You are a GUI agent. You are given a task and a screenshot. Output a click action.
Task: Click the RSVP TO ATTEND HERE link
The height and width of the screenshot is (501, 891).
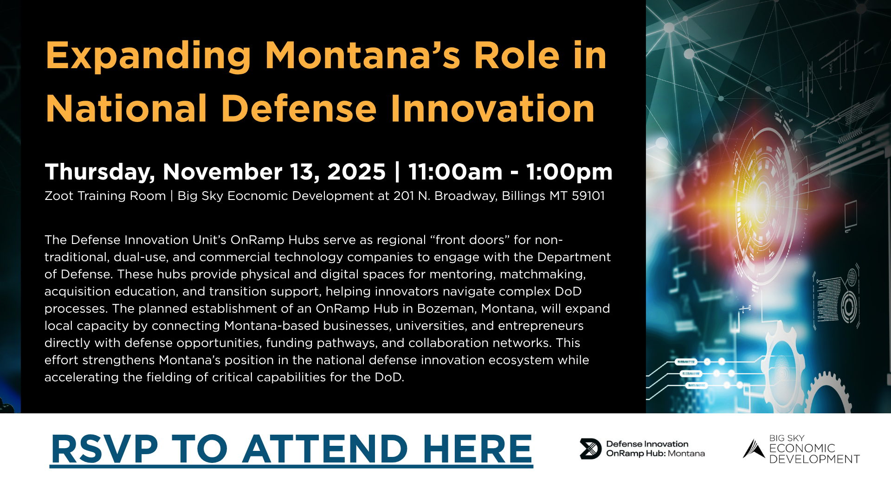pos(291,449)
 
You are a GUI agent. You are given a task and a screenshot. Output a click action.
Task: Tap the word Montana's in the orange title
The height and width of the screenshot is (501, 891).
pos(362,56)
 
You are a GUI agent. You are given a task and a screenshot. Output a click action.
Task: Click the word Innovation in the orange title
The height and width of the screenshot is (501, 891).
pos(492,109)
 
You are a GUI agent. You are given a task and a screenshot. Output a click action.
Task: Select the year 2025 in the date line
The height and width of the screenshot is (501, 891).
pos(356,172)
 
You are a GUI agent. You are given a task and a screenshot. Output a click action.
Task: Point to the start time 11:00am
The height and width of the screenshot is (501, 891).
pos(455,172)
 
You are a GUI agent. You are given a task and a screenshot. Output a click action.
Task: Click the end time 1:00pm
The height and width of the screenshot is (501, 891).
pos(569,173)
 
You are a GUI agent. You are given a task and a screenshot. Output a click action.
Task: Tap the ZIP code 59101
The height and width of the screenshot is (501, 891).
pos(588,196)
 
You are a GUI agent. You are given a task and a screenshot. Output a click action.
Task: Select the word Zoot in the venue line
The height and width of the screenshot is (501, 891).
pos(59,196)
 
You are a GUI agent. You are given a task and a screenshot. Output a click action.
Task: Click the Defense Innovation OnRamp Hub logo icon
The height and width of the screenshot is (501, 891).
pos(590,449)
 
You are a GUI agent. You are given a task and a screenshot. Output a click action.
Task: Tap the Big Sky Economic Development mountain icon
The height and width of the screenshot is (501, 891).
pos(754,449)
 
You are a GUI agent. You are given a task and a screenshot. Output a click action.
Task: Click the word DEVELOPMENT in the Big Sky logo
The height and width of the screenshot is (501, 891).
pos(814,459)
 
